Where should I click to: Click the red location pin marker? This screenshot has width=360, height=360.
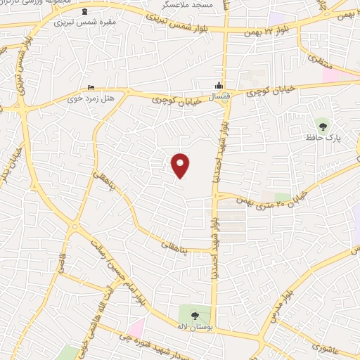(x=181, y=165)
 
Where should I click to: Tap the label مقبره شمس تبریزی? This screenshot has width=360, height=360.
(x=86, y=22)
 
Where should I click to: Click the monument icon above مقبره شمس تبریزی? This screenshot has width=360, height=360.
(x=86, y=11)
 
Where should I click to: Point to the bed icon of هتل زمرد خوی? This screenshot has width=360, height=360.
(x=91, y=87)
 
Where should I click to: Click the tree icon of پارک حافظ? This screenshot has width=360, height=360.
(x=323, y=127)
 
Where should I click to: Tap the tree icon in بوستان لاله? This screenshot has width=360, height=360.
(x=194, y=314)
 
